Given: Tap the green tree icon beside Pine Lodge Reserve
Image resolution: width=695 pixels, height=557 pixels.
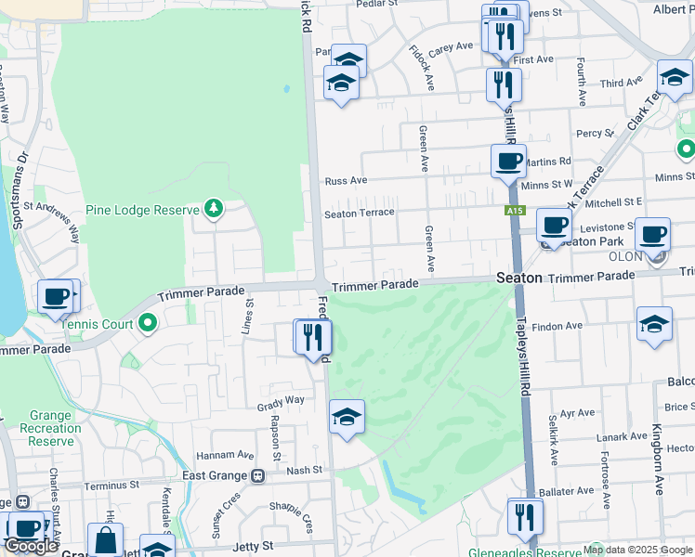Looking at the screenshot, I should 215,207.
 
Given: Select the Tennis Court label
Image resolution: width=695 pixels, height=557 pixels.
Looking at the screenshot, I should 97,324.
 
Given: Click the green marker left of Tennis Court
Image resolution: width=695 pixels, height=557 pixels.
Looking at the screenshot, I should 148,324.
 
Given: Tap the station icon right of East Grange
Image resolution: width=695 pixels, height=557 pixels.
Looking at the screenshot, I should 257,476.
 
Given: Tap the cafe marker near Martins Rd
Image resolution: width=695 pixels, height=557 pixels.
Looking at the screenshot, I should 508,162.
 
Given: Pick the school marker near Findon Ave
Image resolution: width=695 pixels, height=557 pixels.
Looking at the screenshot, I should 654,324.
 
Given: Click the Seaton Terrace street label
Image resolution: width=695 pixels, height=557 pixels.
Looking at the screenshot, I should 359,214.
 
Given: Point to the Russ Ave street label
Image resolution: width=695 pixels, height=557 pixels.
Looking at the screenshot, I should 346,180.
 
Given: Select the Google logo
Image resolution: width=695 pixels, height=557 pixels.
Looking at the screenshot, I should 31,546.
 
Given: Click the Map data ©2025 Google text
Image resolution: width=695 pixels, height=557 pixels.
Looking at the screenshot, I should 637,550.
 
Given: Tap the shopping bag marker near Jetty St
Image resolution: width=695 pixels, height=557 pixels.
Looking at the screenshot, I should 105,539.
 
